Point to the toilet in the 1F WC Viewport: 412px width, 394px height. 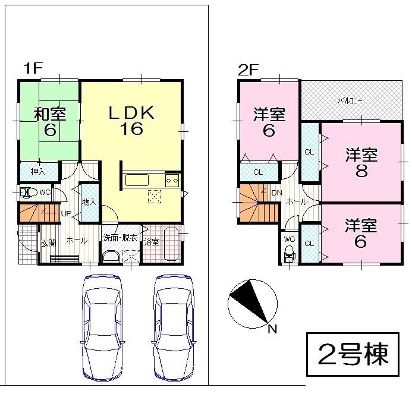coord(26,192)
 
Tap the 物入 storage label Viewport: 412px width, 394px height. coord(89,203)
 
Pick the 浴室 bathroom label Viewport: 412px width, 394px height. coord(152,241)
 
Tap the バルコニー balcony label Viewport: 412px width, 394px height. coord(350,101)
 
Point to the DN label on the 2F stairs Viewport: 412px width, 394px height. coord(276,193)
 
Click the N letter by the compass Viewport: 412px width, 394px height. coord(272,328)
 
